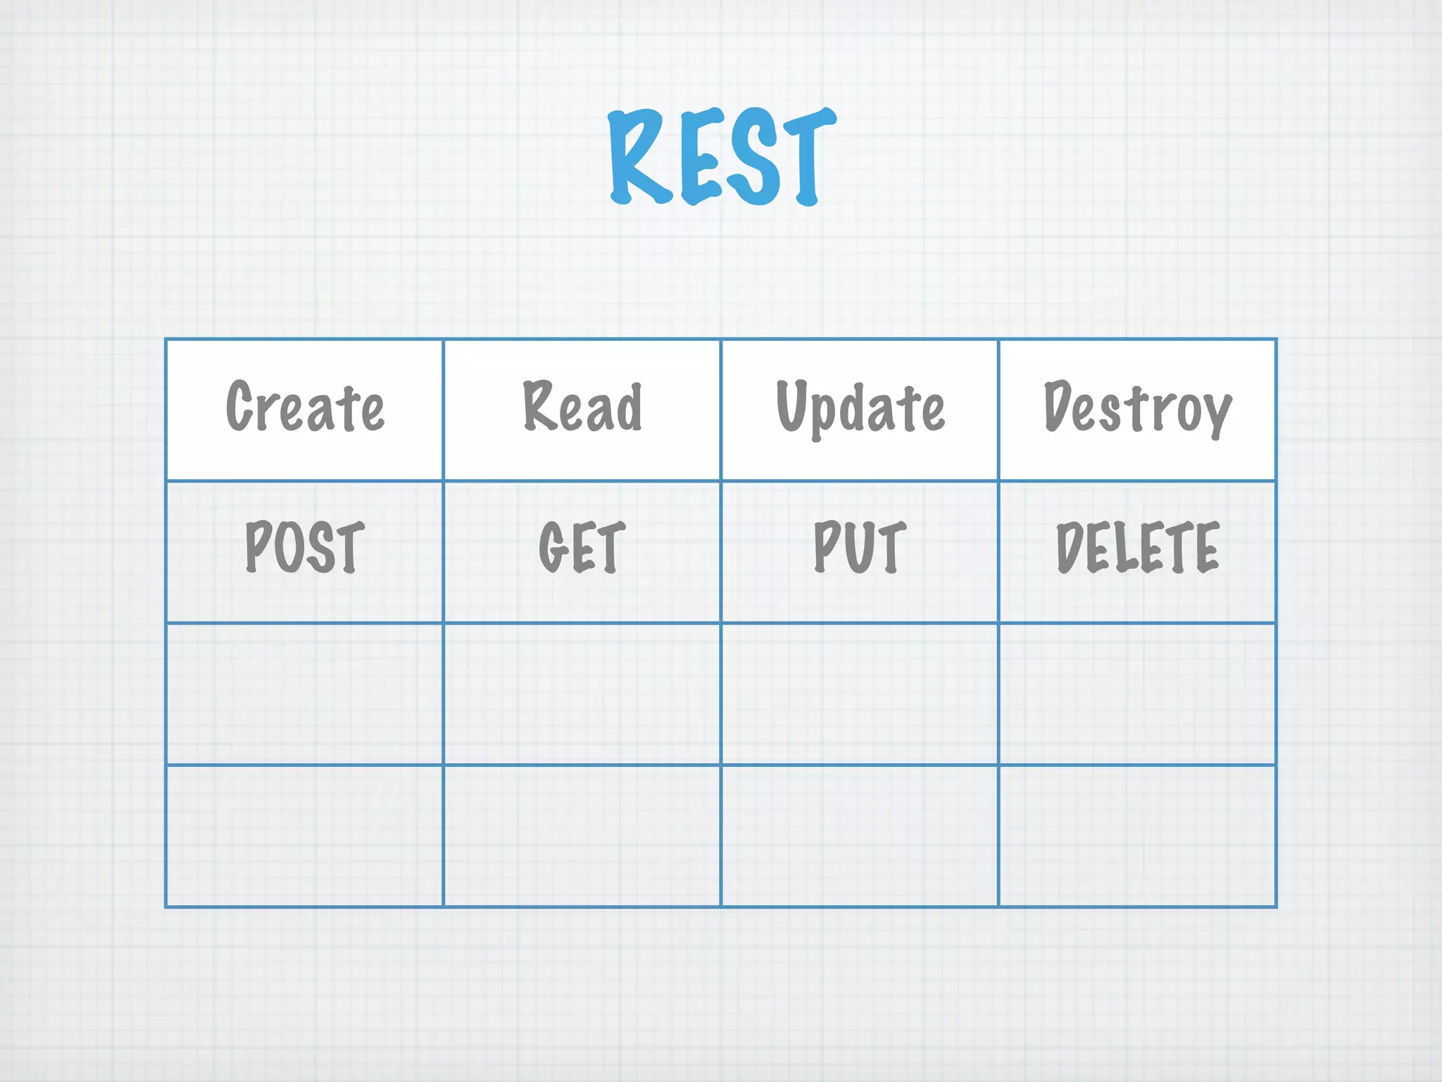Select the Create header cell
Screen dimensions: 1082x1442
click(304, 409)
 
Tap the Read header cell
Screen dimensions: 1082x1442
click(582, 409)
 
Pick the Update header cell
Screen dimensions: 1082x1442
click(860, 409)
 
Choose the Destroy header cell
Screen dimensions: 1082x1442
click(1137, 409)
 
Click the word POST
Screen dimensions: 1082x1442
click(304, 547)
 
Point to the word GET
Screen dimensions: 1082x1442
click(582, 547)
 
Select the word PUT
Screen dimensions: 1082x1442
click(860, 547)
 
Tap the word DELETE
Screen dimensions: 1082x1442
click(1137, 547)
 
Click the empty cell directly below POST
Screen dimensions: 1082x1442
click(304, 694)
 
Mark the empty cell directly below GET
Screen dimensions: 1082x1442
click(582, 694)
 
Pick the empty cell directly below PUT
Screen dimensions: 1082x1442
click(860, 694)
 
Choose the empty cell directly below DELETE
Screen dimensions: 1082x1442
click(1137, 694)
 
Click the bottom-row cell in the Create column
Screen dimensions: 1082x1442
click(304, 836)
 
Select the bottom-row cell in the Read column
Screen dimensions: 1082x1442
click(582, 836)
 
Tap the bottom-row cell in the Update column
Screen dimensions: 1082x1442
click(860, 836)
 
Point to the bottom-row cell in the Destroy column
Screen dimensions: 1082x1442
click(1137, 836)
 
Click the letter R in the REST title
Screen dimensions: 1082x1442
click(637, 156)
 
